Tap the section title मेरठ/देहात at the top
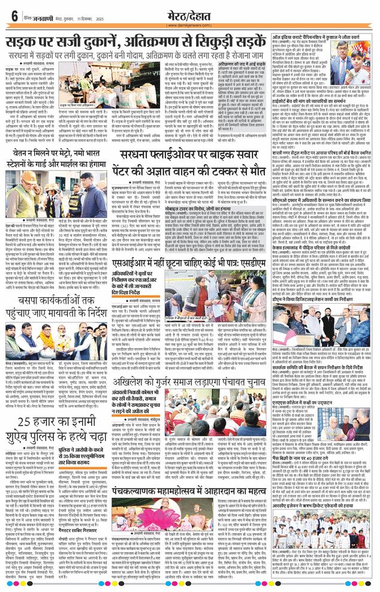190,13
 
